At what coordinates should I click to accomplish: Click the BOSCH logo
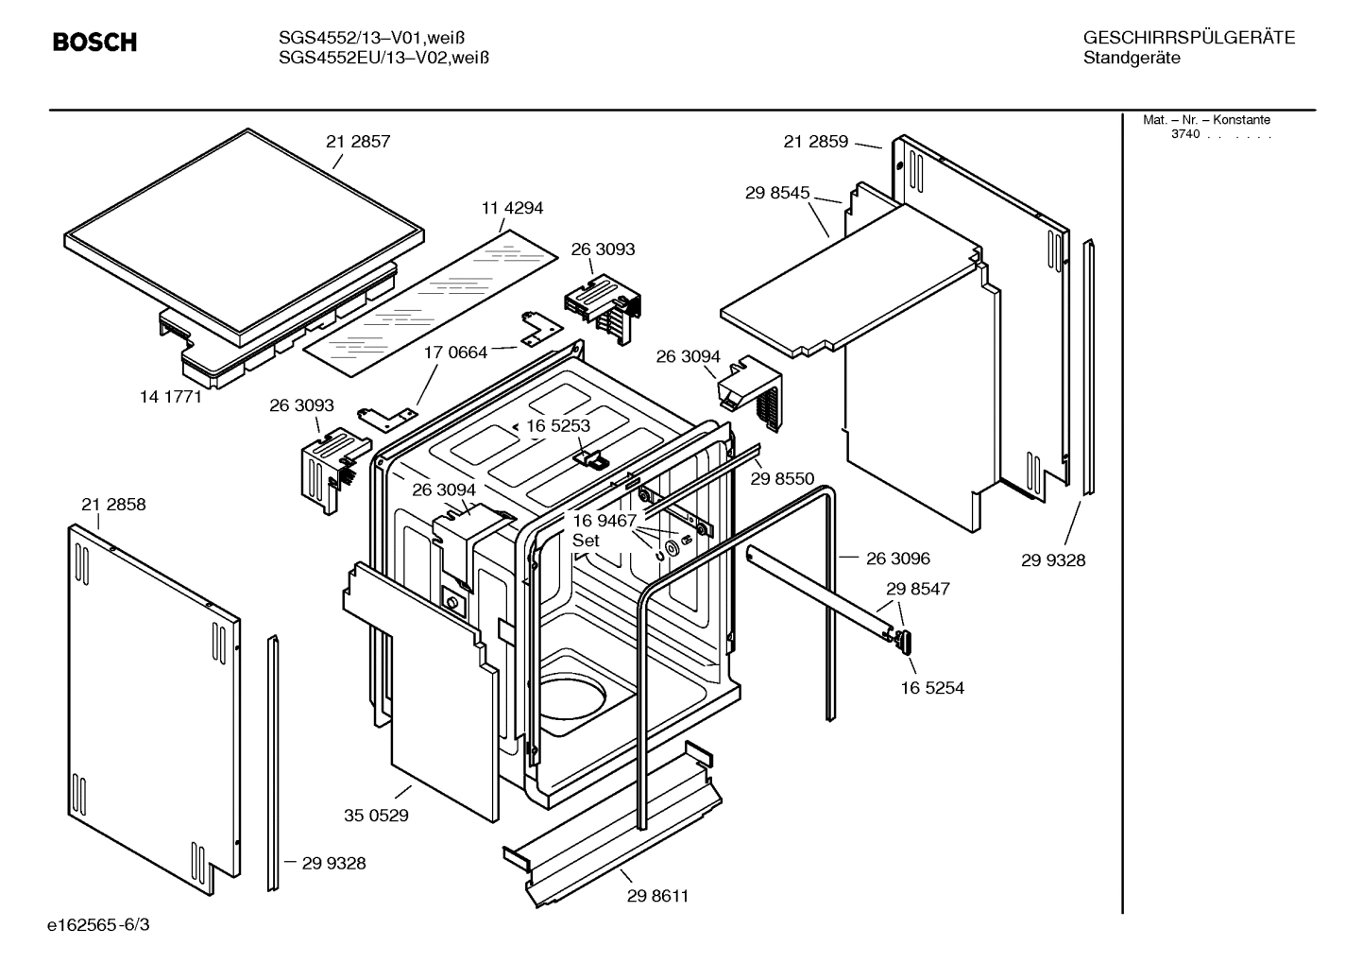pos(94,43)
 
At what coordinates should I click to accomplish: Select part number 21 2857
pos(358,142)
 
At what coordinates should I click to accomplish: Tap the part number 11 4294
pos(512,208)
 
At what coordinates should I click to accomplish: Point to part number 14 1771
pos(171,397)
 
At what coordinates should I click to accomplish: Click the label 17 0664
pos(455,353)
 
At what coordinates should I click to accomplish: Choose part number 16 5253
pos(557,426)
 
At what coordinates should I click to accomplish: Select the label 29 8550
pos(782,479)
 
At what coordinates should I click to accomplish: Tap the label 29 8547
pos(917,589)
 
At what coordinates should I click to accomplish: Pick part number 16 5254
pos(932,688)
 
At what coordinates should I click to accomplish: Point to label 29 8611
pos(657,896)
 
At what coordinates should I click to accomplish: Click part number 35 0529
pos(376,815)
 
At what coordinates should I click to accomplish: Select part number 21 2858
pos(113,505)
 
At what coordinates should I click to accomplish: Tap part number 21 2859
pos(815,142)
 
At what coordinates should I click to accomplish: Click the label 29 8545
pos(777,193)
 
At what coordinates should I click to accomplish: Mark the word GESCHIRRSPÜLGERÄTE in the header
pos(1188,39)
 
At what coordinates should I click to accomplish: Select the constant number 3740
pos(1184,134)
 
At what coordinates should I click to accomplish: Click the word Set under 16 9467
pos(586,541)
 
